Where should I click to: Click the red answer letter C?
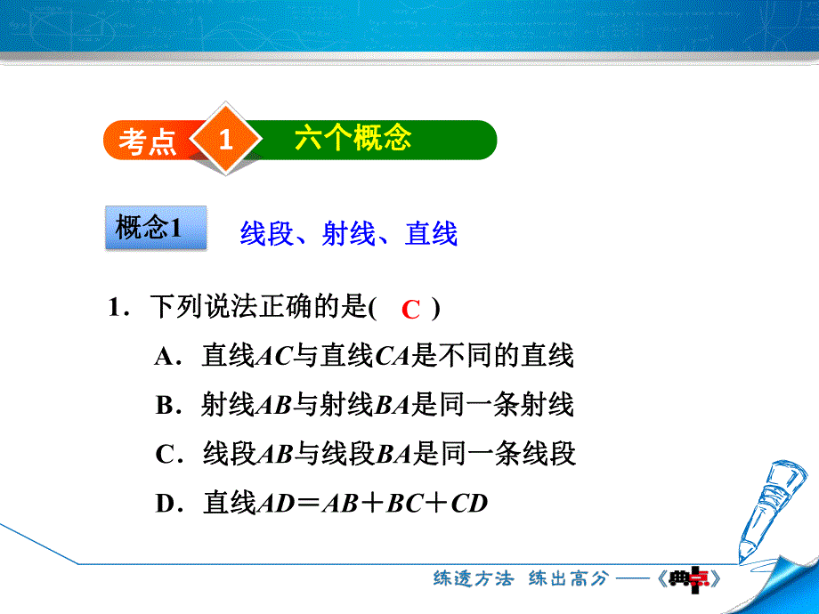tap(410, 310)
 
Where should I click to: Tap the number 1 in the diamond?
tap(226, 140)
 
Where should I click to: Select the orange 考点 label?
tap(148, 141)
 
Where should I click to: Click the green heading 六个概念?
tap(353, 139)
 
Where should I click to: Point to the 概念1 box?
tap(149, 228)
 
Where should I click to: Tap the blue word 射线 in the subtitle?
tap(348, 233)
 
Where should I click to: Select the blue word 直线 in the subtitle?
tap(431, 233)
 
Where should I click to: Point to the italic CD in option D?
tap(470, 505)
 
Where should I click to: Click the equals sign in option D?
tap(308, 505)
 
